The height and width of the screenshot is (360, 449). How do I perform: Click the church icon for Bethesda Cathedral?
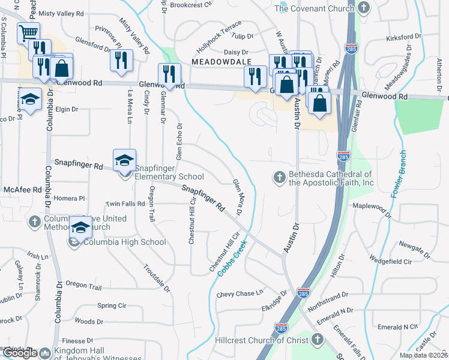(x=279, y=177)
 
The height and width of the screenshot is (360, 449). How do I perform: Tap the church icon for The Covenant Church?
(x=363, y=8)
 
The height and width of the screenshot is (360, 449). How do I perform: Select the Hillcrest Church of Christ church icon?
(x=318, y=340)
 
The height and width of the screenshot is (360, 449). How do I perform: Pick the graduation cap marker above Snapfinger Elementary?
(x=124, y=160)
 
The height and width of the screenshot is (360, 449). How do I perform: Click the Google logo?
(x=19, y=353)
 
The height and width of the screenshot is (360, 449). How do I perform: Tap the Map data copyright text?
(x=423, y=355)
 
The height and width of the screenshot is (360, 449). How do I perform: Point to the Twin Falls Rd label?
(x=125, y=204)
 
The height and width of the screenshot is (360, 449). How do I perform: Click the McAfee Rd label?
(x=22, y=190)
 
